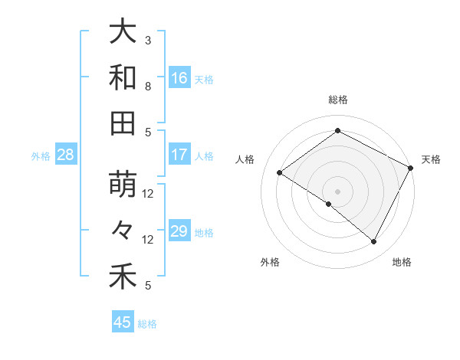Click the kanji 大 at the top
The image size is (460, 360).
pos(123,32)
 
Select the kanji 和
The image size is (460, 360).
pos(123,77)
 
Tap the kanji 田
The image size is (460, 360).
pos(123,123)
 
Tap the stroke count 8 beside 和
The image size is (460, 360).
pos(148,86)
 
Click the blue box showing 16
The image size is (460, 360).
pos(179,78)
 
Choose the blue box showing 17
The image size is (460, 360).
pos(179,155)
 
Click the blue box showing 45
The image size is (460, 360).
pos(123,322)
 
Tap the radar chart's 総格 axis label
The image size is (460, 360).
pos(337,100)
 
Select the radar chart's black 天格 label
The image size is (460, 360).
pos(431,159)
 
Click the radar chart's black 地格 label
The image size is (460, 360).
pos(402,262)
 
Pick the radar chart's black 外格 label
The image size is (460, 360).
pos(270,262)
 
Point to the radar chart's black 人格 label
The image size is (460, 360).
pos(245,159)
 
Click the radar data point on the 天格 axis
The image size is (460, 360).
pos(410,168)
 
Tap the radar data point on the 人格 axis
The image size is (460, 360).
pos(280,173)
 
